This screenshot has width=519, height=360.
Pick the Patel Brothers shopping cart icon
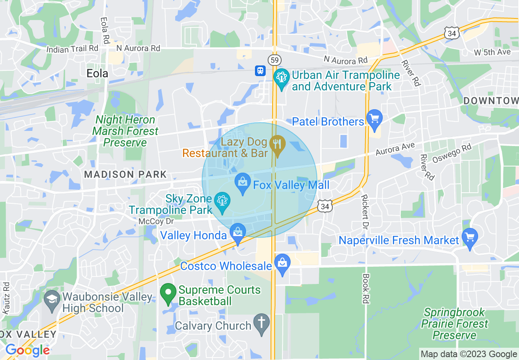click(374, 119)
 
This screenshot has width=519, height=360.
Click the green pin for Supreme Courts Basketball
click(167, 294)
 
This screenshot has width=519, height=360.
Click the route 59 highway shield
click(274, 60)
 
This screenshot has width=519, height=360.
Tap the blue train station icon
click(260, 71)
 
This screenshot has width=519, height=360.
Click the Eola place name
click(97, 73)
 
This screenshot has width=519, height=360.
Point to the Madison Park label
click(125, 174)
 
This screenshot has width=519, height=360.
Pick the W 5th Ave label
click(492, 52)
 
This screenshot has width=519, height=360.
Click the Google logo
click(27, 351)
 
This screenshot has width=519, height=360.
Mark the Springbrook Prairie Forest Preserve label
click(454, 324)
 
